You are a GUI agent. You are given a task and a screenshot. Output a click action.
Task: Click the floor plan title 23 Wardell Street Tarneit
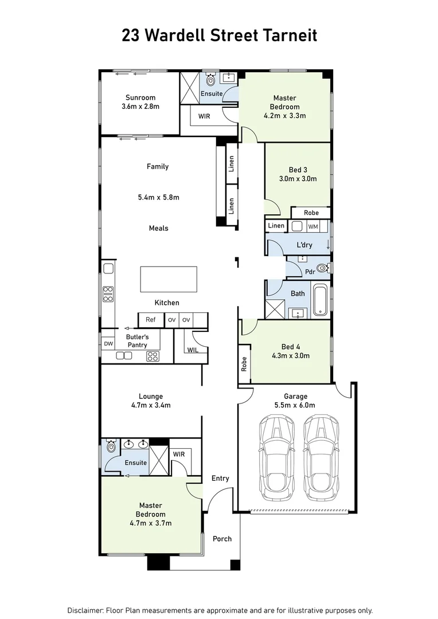[x=219, y=36]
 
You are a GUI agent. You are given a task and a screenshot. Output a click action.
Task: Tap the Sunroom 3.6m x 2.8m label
[x=140, y=102]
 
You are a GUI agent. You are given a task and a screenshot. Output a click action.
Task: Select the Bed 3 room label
[x=298, y=174]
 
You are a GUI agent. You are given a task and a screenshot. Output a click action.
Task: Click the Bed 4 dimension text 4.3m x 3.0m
[x=291, y=355]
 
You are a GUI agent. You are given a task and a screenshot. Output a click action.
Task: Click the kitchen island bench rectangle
[x=168, y=279]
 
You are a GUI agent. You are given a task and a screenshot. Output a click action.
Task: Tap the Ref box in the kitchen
[x=151, y=320]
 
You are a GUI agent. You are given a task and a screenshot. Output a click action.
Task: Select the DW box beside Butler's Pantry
[x=108, y=343]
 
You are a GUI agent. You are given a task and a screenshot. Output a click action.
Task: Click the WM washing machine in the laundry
[x=313, y=226]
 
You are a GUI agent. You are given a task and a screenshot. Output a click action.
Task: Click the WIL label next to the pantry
[x=193, y=350]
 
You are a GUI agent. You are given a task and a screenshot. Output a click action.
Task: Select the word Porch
[x=222, y=539]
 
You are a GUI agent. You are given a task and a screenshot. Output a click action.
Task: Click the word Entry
[x=220, y=478]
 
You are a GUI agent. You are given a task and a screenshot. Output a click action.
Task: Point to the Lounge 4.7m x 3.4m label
[x=151, y=400]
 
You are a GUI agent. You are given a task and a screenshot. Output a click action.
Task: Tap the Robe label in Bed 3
[x=311, y=213]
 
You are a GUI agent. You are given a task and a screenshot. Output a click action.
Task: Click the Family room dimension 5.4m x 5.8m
[x=159, y=197]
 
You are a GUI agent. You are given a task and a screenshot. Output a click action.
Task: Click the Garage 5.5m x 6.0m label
[x=296, y=400]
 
